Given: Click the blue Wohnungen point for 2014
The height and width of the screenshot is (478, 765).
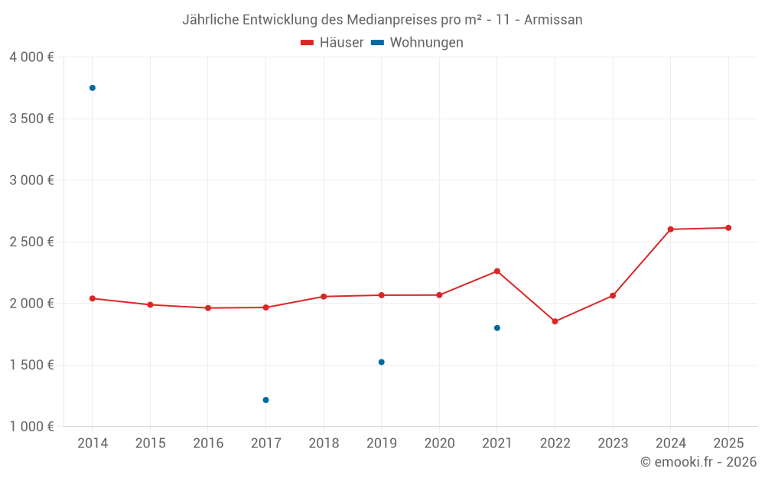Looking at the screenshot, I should click(x=93, y=88).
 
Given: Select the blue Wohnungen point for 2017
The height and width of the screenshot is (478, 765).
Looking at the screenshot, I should click(x=265, y=400).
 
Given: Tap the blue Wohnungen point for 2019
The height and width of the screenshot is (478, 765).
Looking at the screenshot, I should click(x=382, y=362).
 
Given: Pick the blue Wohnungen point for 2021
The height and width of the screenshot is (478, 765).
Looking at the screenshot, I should click(x=497, y=328).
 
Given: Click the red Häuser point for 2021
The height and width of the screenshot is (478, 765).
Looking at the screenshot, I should click(x=497, y=271).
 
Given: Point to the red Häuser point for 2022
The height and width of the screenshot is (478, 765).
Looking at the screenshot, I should click(x=555, y=321).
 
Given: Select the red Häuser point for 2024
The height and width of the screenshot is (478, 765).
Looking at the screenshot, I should click(x=670, y=229).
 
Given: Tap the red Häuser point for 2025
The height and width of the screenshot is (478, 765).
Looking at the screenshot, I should click(x=728, y=228).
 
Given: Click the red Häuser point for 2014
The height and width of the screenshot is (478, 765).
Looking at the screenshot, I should click(x=93, y=298).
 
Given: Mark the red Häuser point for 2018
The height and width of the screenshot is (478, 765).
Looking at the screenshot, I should click(x=324, y=297).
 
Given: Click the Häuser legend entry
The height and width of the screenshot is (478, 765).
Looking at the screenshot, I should click(x=332, y=43).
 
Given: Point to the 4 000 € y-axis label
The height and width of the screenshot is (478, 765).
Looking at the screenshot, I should click(x=31, y=57).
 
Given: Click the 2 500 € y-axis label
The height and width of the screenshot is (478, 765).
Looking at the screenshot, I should click(x=31, y=242).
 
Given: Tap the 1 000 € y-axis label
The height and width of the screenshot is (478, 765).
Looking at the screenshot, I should click(x=31, y=426).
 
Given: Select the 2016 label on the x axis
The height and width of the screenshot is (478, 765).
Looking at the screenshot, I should click(x=208, y=444).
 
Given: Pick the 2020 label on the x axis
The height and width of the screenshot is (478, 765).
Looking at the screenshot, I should click(x=439, y=444).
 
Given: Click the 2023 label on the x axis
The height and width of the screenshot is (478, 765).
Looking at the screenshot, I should click(x=613, y=444).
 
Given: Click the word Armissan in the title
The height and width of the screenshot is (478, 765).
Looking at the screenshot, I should click(x=553, y=20).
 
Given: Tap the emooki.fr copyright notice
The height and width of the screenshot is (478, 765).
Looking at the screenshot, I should click(x=698, y=462).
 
